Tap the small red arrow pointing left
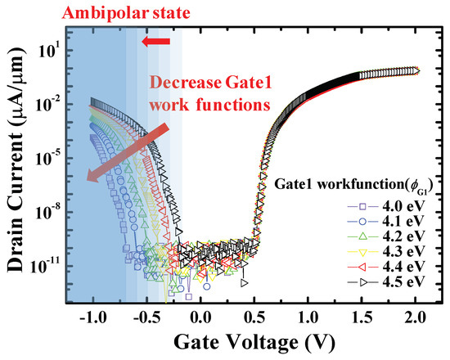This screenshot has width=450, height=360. [155, 42]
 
